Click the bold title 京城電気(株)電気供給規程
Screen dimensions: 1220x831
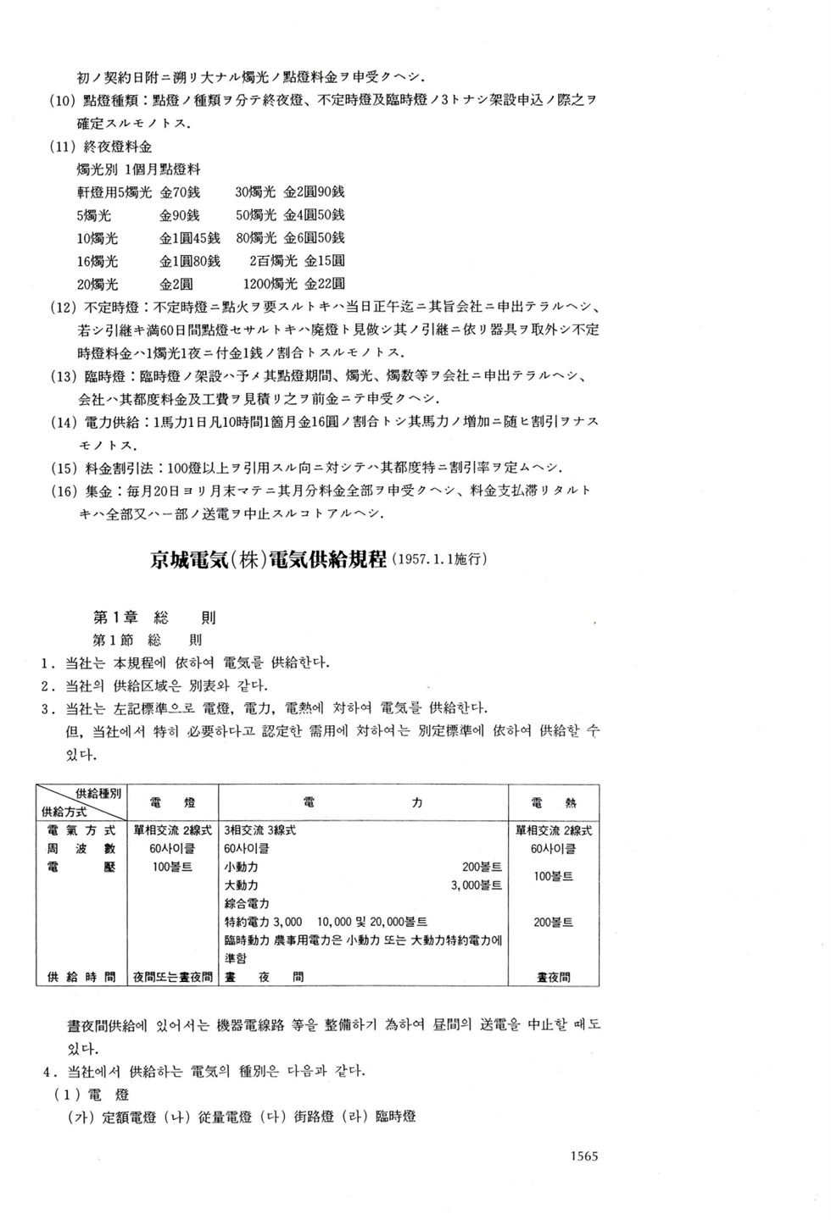(268, 560)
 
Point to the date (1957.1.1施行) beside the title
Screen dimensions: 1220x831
(438, 560)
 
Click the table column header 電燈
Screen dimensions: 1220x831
(171, 801)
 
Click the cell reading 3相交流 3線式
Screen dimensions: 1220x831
(259, 830)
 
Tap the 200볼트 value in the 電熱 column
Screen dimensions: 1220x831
(553, 922)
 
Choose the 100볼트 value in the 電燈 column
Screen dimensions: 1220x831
(171, 867)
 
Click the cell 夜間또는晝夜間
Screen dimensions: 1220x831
(172, 977)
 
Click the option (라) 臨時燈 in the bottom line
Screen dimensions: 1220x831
(379, 1117)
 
